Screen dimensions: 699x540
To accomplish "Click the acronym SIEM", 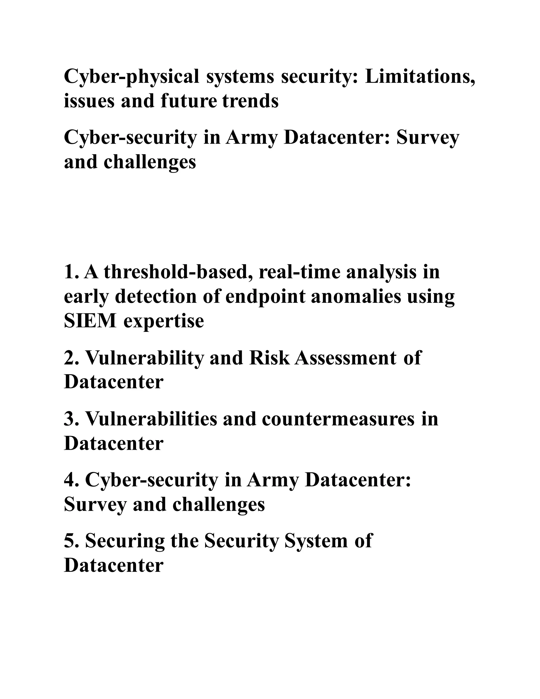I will [x=90, y=321].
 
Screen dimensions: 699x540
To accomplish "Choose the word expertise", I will [x=164, y=321].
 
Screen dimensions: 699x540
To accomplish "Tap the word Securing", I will [x=125, y=541].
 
